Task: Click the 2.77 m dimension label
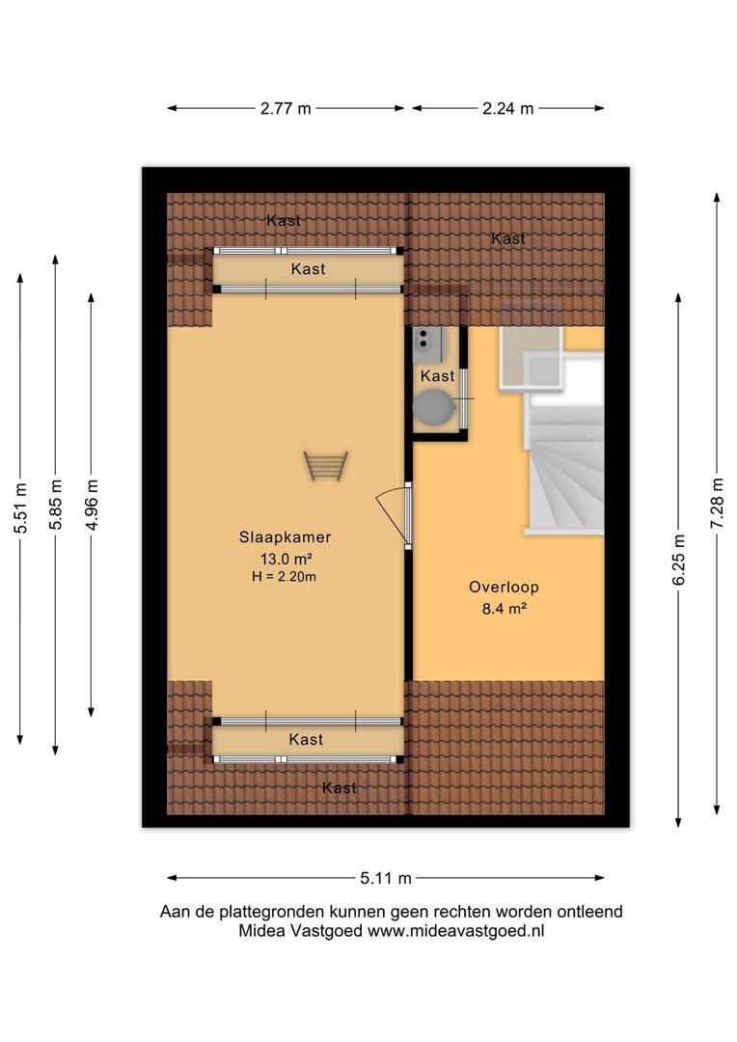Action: tap(286, 108)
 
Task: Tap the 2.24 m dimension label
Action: tap(507, 108)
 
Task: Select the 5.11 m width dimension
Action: tap(386, 878)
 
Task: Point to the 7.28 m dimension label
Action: tap(717, 503)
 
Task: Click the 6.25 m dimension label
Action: tap(678, 560)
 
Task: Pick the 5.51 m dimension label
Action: tap(20, 507)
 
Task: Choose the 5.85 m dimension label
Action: tap(56, 504)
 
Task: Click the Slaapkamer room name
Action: tap(286, 537)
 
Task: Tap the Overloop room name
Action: tap(504, 587)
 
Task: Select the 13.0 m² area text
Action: tap(286, 559)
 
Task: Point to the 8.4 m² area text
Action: tap(505, 608)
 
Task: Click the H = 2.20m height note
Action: tap(284, 577)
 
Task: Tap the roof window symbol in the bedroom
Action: tap(326, 466)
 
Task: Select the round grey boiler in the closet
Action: tap(433, 407)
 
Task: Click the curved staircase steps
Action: tap(565, 465)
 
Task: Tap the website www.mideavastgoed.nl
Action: tap(456, 931)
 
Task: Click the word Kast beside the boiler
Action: tap(437, 376)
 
